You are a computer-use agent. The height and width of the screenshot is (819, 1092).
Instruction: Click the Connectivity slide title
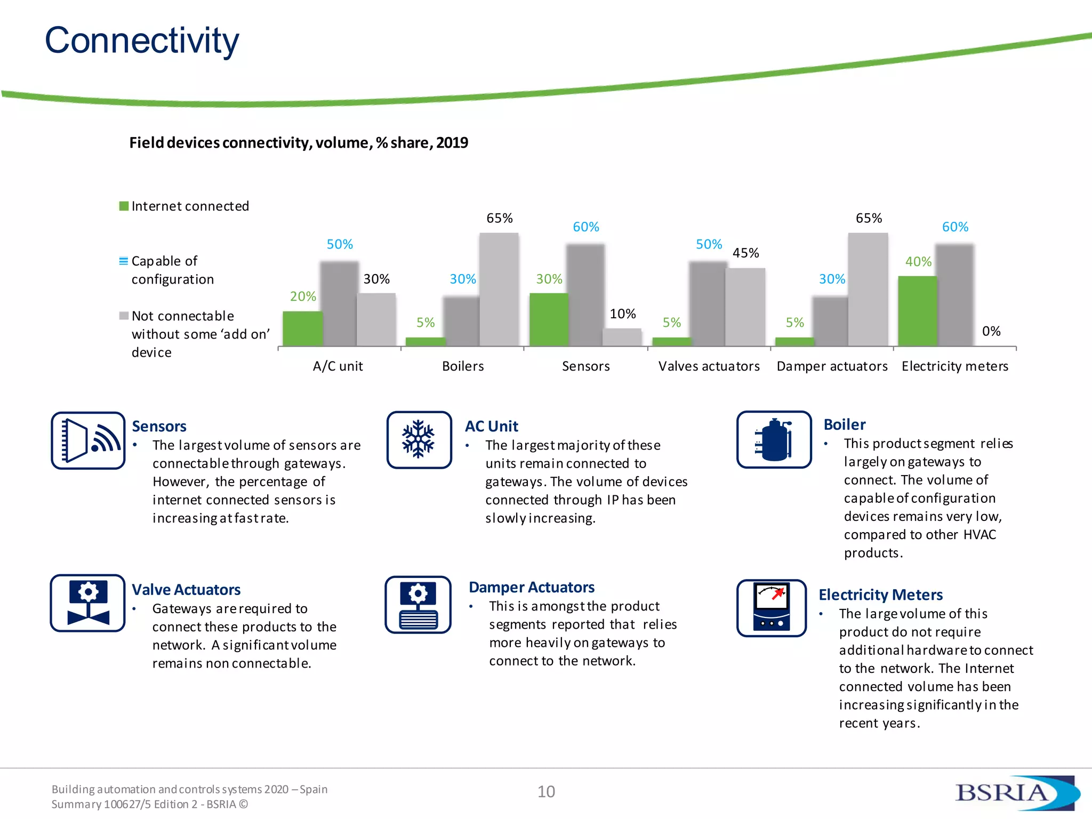(x=141, y=41)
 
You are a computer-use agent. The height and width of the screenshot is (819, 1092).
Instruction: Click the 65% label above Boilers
(x=499, y=218)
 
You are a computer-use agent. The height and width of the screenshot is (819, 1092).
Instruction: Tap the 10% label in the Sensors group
(x=622, y=314)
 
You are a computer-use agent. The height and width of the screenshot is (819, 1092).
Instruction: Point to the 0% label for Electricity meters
(x=991, y=331)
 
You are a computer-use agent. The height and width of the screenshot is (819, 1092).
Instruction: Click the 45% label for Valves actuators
(x=745, y=253)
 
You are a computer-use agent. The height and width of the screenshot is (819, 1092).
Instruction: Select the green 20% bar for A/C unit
(x=302, y=328)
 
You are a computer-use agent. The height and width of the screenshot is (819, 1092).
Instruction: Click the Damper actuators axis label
(x=832, y=366)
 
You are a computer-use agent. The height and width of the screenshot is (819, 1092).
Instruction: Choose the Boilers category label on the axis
(x=462, y=366)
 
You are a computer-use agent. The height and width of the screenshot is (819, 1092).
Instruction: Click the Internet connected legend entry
(x=184, y=206)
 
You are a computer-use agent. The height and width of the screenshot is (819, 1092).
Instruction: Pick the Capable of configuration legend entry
(x=166, y=270)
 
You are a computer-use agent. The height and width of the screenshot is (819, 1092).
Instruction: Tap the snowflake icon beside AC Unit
(x=419, y=439)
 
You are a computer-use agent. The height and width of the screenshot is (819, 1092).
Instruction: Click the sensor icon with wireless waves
(x=88, y=440)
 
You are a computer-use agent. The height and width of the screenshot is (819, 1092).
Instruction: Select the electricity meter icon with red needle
(x=771, y=608)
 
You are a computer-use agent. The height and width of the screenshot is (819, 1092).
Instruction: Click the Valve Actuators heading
(x=186, y=590)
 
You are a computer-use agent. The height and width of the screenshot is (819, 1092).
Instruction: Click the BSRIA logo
(x=1013, y=792)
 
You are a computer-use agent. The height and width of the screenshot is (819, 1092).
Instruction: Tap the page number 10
(x=545, y=792)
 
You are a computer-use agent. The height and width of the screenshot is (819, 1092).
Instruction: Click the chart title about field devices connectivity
(x=298, y=143)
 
